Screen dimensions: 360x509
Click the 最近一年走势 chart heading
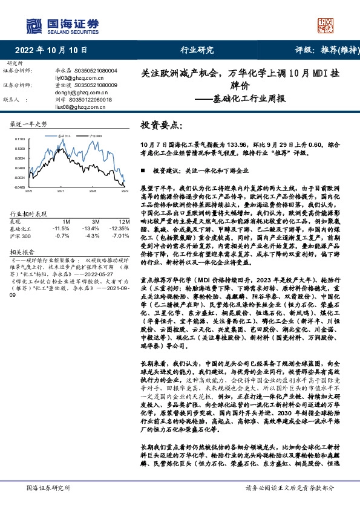(x=29, y=124)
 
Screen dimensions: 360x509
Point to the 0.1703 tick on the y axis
(x=21, y=139)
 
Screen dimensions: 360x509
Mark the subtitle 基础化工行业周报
(x=249, y=99)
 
